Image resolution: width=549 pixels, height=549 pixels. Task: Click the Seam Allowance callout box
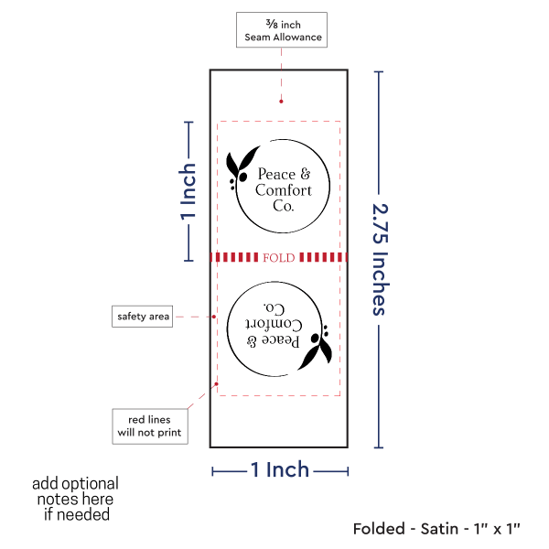coord(281,29)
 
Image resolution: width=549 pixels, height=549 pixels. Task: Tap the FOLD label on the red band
coord(278,258)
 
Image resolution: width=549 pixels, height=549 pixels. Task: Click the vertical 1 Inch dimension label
coord(188,192)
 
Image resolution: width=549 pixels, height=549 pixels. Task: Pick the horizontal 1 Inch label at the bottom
coord(280,470)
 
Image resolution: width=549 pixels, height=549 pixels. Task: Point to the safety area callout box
coord(144,317)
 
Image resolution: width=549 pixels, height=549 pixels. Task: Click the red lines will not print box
coord(149,425)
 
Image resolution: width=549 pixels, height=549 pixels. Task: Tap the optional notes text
coord(75,499)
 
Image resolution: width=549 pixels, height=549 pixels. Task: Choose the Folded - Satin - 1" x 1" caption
coord(436,528)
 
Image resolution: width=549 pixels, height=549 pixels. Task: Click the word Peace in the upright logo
coord(277,174)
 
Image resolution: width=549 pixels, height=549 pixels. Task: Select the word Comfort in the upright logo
coord(283,190)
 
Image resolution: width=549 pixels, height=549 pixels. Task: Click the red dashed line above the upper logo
coord(279,121)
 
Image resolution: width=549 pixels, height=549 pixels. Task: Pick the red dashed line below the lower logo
coord(279,395)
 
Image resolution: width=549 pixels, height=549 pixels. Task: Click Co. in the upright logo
coord(284,207)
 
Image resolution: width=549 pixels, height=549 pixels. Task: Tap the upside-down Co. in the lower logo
coord(274,307)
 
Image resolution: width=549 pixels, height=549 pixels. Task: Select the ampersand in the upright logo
coord(305,174)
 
